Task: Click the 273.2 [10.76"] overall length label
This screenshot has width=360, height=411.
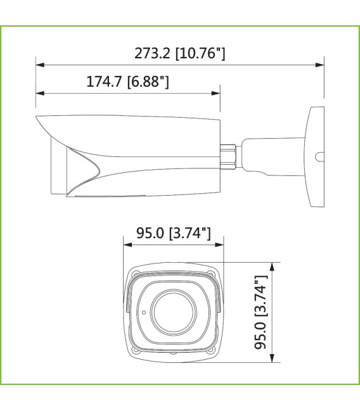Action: click(x=180, y=54)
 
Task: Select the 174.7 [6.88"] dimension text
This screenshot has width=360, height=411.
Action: click(x=127, y=82)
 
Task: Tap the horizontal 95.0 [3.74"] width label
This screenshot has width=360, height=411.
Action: click(x=173, y=234)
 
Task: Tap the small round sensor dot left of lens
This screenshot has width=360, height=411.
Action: click(x=144, y=312)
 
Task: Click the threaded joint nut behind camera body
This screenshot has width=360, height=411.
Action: click(x=228, y=153)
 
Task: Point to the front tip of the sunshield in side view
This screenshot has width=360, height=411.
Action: click(x=37, y=118)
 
